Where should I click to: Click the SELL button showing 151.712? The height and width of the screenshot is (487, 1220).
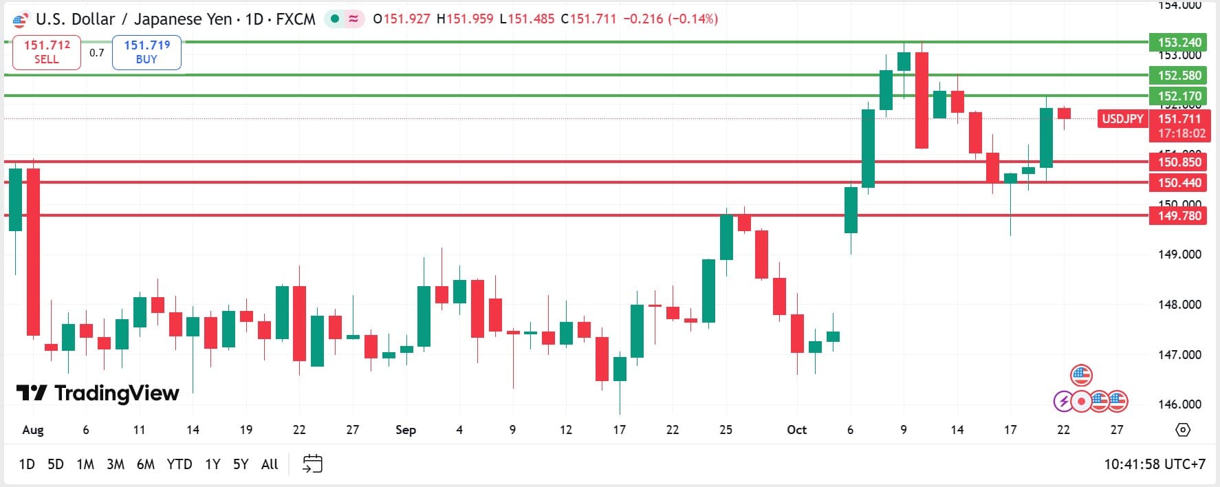tap(47, 52)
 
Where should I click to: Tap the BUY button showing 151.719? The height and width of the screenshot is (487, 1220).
tap(146, 52)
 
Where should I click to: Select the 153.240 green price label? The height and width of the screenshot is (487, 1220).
tap(1179, 43)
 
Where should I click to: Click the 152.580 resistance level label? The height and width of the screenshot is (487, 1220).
tap(1179, 76)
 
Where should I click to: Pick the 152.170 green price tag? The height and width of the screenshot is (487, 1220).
tap(1179, 96)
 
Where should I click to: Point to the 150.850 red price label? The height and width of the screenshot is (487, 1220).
tap(1179, 162)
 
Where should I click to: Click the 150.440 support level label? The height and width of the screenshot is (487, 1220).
tap(1179, 183)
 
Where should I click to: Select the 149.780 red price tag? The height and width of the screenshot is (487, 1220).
tap(1179, 216)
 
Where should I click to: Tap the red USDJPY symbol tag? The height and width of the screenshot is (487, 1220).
tap(1122, 119)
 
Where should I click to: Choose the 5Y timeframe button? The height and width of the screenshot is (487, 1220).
tap(240, 464)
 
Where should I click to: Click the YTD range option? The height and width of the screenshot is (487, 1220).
tap(179, 464)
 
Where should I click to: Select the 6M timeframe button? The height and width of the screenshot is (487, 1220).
tap(146, 464)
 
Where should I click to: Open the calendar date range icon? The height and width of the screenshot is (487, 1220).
tap(312, 464)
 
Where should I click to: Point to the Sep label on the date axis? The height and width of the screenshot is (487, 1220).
tap(406, 430)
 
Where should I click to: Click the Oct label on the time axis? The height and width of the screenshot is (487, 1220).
tap(796, 430)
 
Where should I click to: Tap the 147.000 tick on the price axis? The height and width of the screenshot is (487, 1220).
tap(1179, 355)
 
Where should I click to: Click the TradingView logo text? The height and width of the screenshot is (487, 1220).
tap(98, 393)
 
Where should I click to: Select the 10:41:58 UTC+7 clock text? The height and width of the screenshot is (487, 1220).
tap(1155, 464)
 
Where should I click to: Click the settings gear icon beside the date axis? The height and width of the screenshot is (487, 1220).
tap(1183, 430)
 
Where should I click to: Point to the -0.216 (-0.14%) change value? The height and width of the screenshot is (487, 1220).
tap(671, 19)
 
